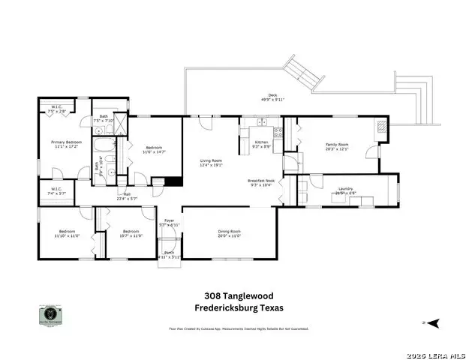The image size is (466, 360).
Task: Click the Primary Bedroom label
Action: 67,142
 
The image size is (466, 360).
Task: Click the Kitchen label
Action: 261,142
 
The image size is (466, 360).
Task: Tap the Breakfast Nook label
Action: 261,181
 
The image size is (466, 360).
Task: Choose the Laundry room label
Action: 346,188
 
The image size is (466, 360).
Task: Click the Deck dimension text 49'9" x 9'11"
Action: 272,99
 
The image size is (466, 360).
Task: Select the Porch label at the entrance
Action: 170,253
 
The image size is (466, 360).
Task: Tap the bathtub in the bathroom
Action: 104,143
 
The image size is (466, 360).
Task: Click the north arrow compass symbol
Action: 432,323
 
